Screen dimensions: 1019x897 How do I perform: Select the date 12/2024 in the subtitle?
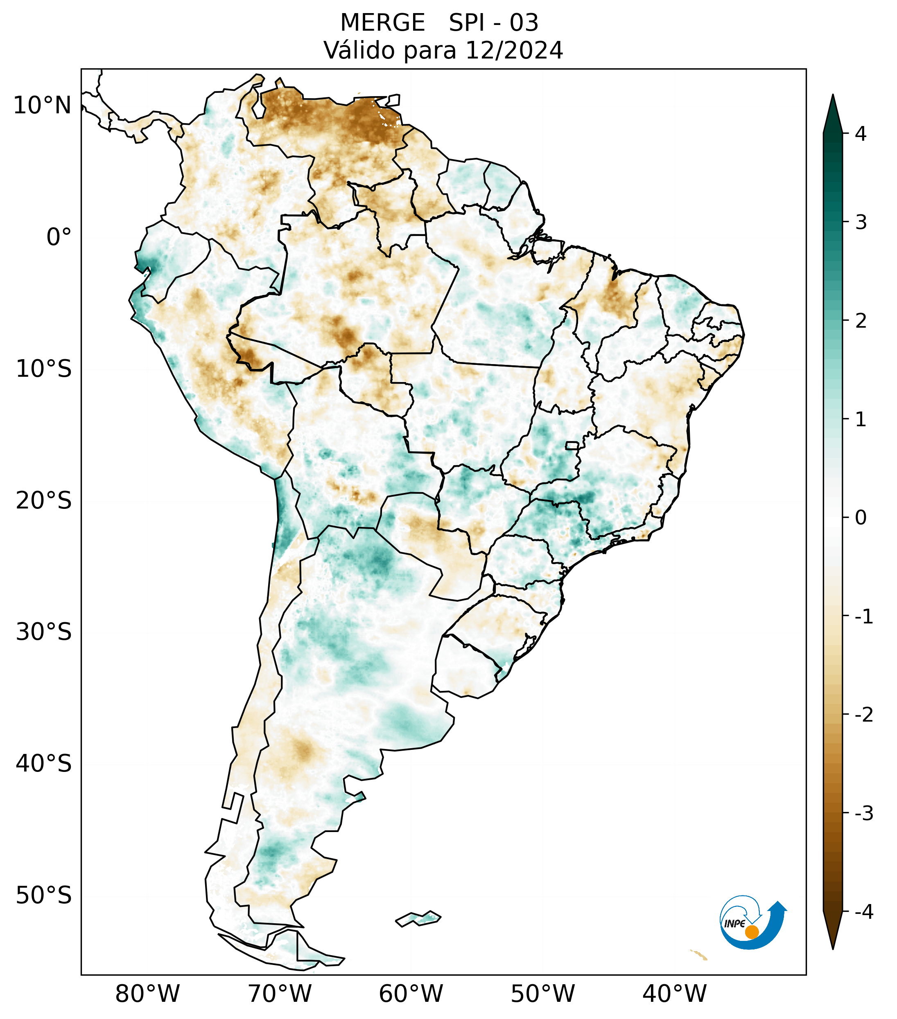click(514, 50)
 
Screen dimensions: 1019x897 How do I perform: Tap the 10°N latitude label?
click(43, 106)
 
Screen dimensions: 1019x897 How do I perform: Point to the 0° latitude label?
click(59, 237)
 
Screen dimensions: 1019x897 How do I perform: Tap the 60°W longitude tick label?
click(411, 994)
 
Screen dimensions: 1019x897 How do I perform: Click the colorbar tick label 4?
click(861, 134)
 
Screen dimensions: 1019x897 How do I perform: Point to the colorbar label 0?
click(861, 518)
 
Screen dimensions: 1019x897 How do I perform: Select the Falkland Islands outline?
click(418, 918)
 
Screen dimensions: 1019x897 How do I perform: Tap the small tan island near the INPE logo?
click(699, 955)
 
